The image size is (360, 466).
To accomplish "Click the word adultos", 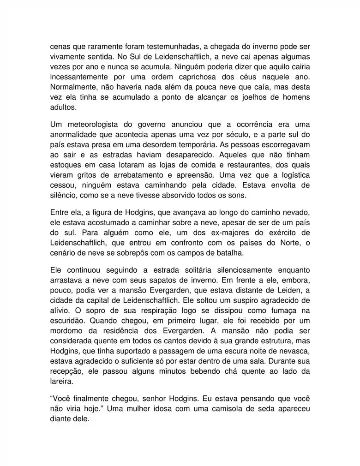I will (63, 107).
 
